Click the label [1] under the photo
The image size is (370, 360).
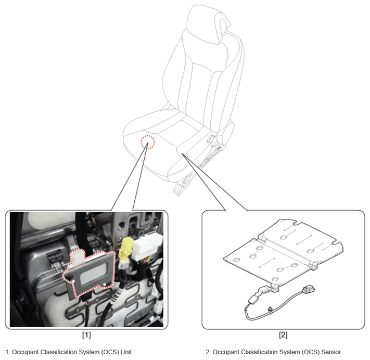[86, 335]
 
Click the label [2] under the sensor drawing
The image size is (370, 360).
[283, 335]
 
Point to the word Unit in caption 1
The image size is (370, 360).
[126, 352]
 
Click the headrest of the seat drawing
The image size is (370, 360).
[208, 25]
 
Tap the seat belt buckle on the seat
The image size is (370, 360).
[212, 139]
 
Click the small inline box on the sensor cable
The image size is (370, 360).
[253, 299]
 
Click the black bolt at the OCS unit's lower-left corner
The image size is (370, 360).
[69, 277]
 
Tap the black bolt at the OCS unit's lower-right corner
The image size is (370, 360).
[109, 284]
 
